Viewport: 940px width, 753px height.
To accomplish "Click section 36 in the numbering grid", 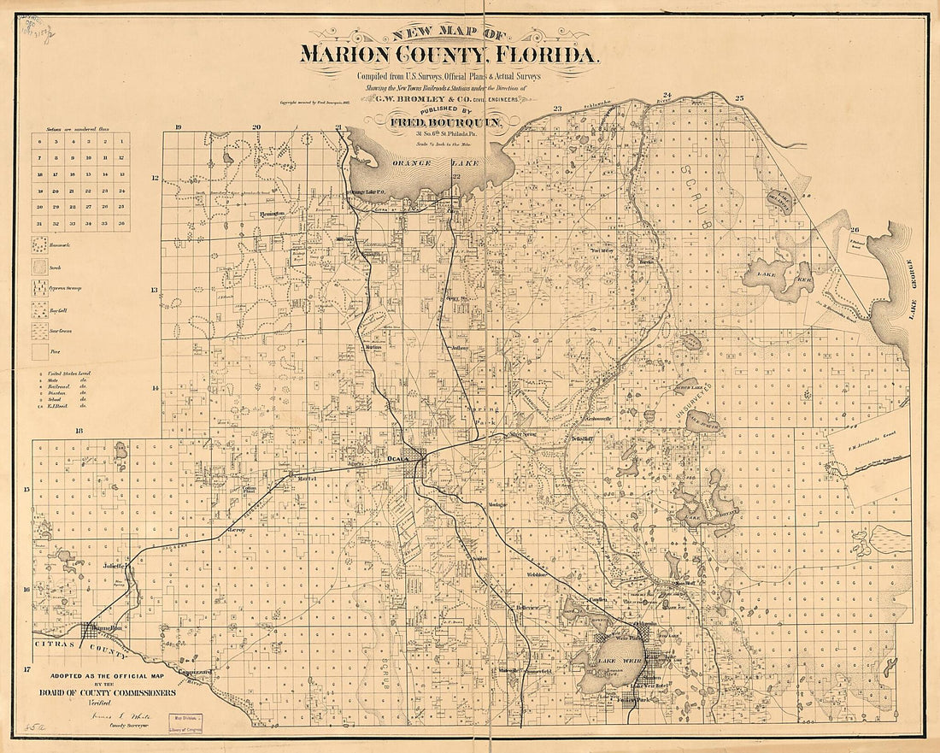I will [x=120, y=223].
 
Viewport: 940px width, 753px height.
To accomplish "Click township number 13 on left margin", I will [x=155, y=290].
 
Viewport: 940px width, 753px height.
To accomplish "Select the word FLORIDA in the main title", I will [x=543, y=56].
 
